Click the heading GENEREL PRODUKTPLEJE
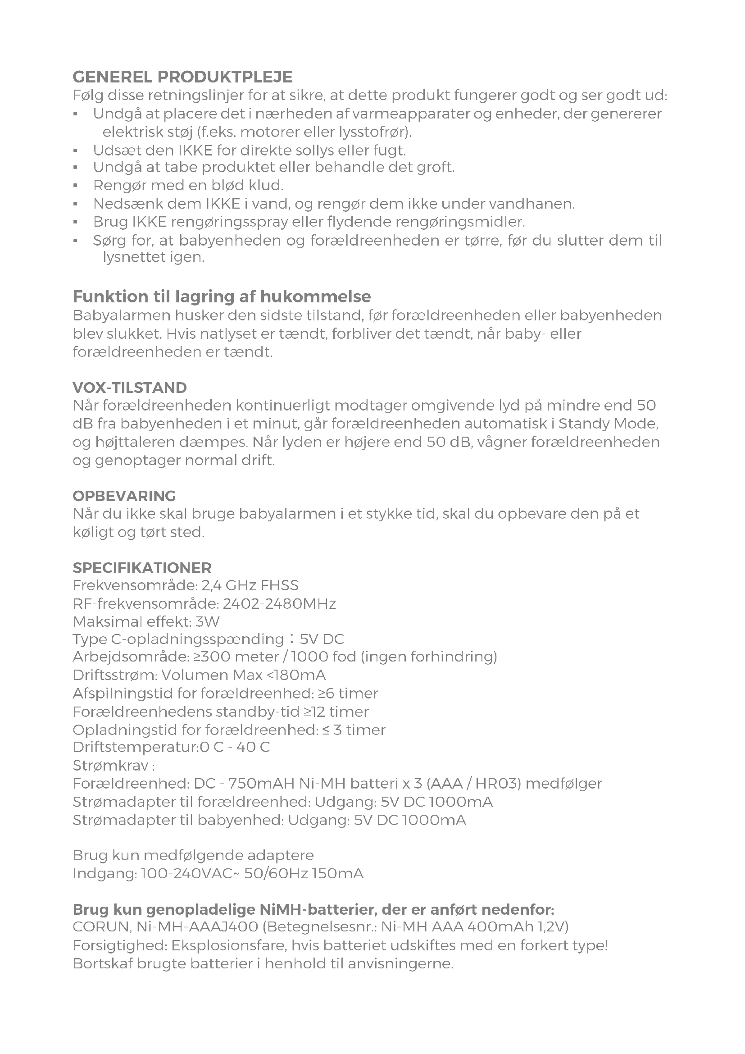tap(182, 77)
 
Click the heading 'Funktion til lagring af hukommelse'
tap(222, 297)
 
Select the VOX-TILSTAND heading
tap(130, 388)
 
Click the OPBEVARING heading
tap(124, 496)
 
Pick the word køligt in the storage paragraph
tap(94, 533)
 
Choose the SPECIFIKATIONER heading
tap(142, 568)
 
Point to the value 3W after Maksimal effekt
tap(207, 622)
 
